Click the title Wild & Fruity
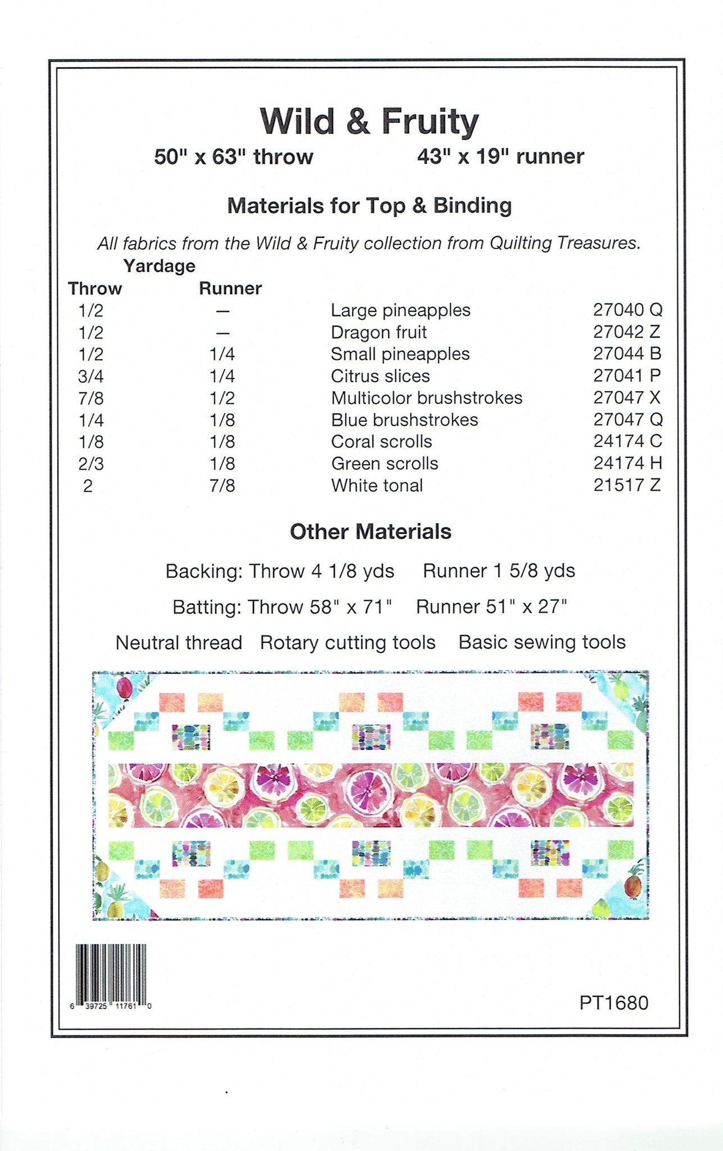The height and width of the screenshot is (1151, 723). pyautogui.click(x=369, y=121)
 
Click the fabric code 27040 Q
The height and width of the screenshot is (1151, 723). pyautogui.click(x=627, y=310)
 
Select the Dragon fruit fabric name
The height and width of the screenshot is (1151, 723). pyautogui.click(x=379, y=332)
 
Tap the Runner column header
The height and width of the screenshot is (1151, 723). pyautogui.click(x=230, y=288)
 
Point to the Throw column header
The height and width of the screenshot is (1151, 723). pyautogui.click(x=95, y=288)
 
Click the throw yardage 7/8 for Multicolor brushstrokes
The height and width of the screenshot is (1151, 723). pyautogui.click(x=91, y=398)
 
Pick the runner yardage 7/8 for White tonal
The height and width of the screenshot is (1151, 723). pyautogui.click(x=222, y=486)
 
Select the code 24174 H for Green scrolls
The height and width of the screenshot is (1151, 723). pyautogui.click(x=627, y=463)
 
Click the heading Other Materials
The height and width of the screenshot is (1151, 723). pyautogui.click(x=370, y=532)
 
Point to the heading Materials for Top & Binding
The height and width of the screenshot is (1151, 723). pyautogui.click(x=369, y=206)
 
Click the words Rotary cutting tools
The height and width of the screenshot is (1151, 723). pyautogui.click(x=347, y=642)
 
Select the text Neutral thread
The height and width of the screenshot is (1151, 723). pyautogui.click(x=179, y=642)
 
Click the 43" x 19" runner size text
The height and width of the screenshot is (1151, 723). pyautogui.click(x=500, y=156)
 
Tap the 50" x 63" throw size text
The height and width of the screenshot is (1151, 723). pyautogui.click(x=233, y=156)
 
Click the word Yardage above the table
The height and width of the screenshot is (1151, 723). pyautogui.click(x=160, y=266)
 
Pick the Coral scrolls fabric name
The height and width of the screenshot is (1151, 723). pyautogui.click(x=381, y=442)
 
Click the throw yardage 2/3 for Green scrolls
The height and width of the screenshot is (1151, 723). pyautogui.click(x=91, y=464)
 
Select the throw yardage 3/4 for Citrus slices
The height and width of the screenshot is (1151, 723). pyautogui.click(x=91, y=376)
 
